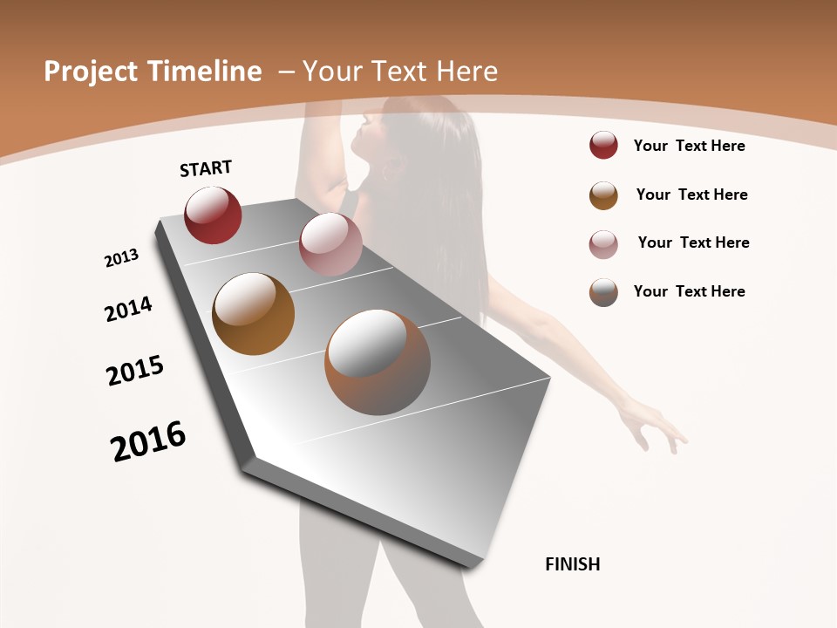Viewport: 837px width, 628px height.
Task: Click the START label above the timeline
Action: (x=206, y=168)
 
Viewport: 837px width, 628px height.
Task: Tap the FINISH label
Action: (x=572, y=564)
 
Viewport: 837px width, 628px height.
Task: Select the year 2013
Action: (x=121, y=258)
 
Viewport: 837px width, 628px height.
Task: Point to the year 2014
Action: (x=128, y=309)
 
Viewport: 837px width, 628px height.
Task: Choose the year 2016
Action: (x=148, y=441)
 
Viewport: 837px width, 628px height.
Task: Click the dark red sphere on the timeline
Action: (x=213, y=215)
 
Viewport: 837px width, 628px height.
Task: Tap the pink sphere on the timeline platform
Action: (x=330, y=244)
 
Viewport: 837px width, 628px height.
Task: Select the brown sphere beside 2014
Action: (x=254, y=314)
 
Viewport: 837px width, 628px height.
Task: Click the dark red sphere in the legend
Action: (x=603, y=146)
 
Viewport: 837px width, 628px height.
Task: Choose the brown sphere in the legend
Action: (x=603, y=195)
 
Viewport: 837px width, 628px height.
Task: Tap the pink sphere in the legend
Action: (x=603, y=244)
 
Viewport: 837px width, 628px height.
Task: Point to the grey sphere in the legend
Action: (x=603, y=292)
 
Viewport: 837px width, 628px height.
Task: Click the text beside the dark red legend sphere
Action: (x=689, y=146)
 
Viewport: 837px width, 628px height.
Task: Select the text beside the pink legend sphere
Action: (x=693, y=242)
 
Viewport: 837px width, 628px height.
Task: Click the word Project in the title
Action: (x=92, y=72)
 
